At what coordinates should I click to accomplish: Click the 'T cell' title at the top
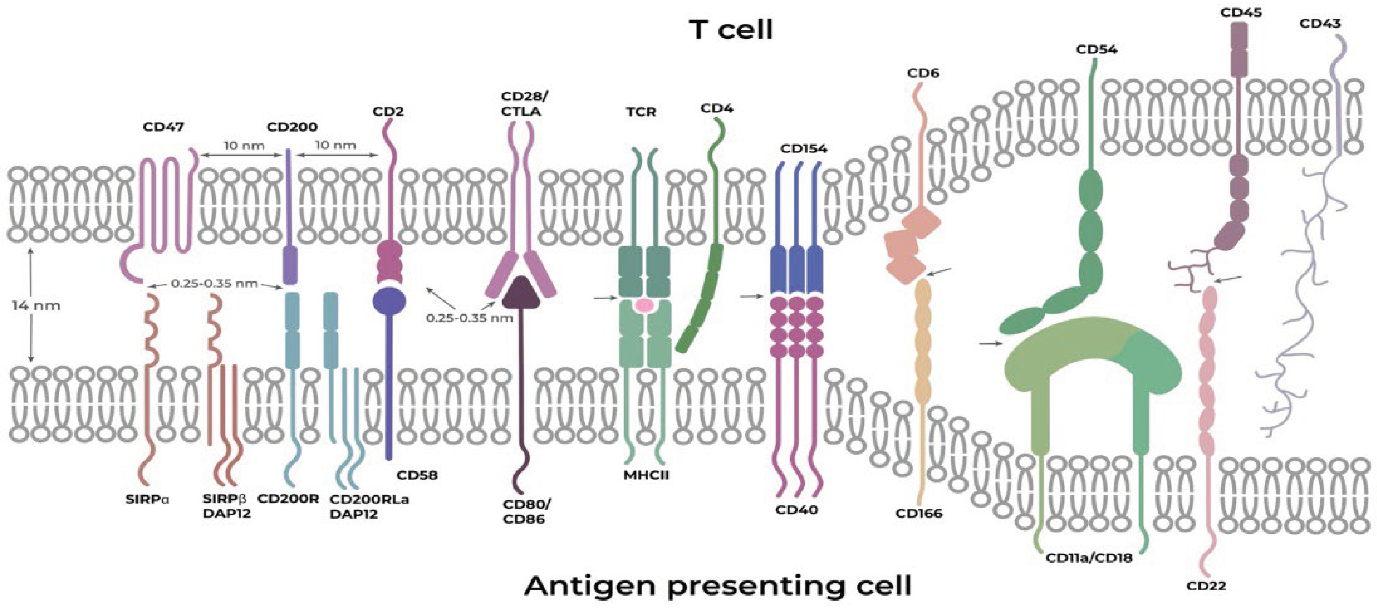click(731, 29)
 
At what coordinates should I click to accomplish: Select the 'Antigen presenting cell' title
click(718, 585)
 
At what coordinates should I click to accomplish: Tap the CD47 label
click(163, 127)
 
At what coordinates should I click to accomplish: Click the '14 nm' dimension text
click(36, 306)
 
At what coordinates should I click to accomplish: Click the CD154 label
click(804, 149)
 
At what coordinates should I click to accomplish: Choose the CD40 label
click(796, 509)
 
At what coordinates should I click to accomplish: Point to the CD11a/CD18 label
click(1089, 558)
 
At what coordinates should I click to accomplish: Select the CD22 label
click(1206, 586)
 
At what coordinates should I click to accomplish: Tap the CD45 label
click(1241, 12)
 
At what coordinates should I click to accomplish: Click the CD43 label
click(1320, 23)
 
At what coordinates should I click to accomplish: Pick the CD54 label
click(1097, 49)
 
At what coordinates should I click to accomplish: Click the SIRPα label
click(147, 499)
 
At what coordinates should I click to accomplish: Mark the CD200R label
click(288, 499)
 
